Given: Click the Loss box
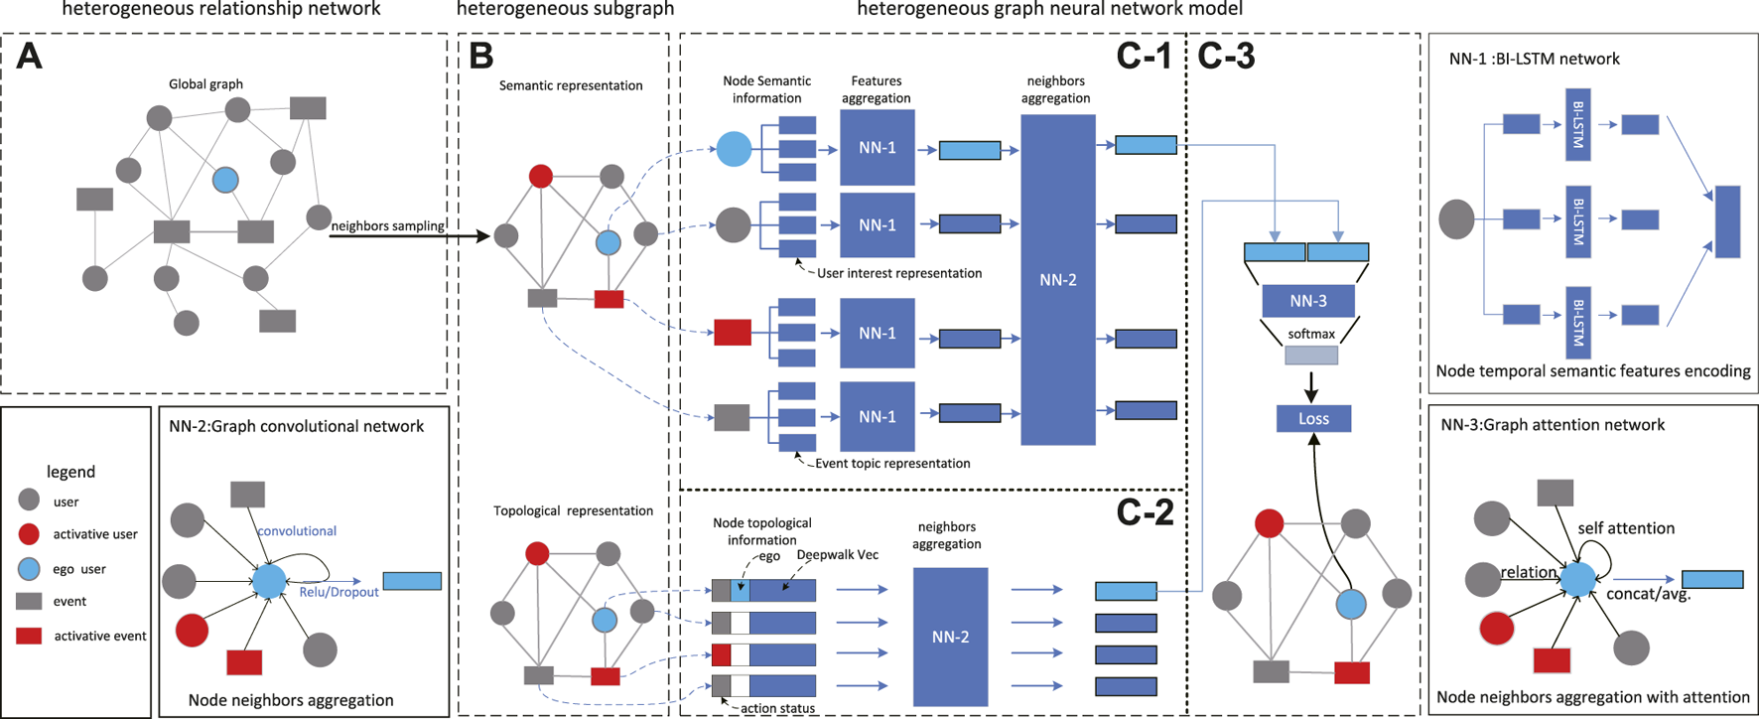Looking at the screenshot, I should point(1313,418).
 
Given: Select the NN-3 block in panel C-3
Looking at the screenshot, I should point(1308,301).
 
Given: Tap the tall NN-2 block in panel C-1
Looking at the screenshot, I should point(1057,279).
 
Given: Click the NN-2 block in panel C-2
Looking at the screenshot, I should point(950,637).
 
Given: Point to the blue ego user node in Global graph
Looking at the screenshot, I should point(225,180).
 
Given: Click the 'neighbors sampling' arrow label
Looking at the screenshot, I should point(387,225).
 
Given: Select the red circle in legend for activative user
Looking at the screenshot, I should point(30,534).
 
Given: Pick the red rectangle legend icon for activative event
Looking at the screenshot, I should point(29,636).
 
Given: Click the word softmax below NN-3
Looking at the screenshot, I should point(1310,334).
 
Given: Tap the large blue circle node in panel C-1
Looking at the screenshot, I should point(734,149).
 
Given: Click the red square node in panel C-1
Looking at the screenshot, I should point(733,333).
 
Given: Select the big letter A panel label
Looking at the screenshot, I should point(30,57).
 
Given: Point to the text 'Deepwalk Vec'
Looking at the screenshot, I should point(837,555).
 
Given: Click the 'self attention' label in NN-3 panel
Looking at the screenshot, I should point(1626,528).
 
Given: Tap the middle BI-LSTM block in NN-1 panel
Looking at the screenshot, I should point(1577,220).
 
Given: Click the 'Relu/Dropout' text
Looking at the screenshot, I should point(338,592).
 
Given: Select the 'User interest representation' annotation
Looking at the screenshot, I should point(898,273).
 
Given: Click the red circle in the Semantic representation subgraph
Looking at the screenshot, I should point(541,177).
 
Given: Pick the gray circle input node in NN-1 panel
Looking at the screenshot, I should point(1457,219).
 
